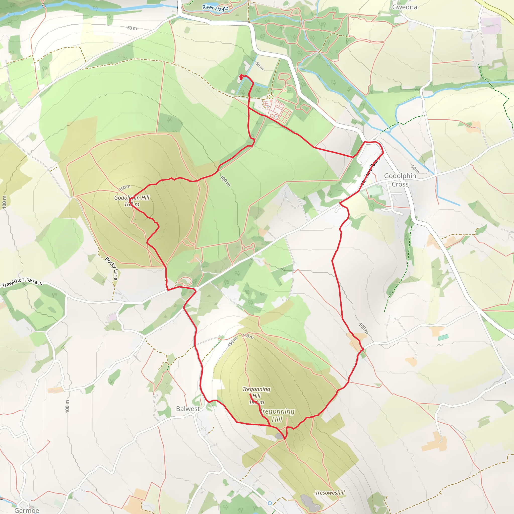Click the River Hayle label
[x=215, y=8]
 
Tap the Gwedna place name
[x=404, y=7]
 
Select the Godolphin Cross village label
[x=400, y=180]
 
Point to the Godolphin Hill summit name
[x=132, y=198]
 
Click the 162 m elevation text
[x=132, y=204]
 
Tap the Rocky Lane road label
[x=111, y=268]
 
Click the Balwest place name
[x=188, y=409]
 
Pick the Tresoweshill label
[x=330, y=493]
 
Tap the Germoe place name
[x=27, y=510]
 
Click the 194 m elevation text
[x=256, y=403]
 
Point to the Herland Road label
[x=370, y=170]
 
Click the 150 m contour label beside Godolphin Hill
[x=124, y=187]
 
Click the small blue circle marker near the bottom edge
[x=270, y=503]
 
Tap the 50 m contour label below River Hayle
[x=132, y=28]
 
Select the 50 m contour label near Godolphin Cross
[x=415, y=169]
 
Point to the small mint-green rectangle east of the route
[x=443, y=337]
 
